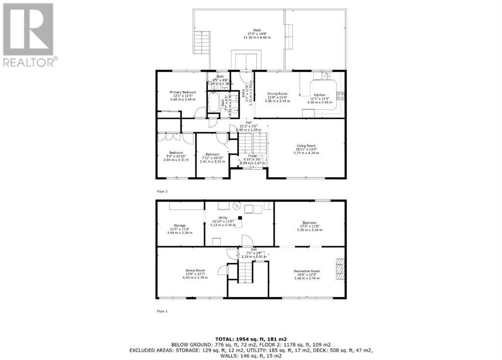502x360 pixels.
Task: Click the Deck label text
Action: pyautogui.click(x=257, y=29)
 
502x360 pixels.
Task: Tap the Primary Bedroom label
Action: pyautogui.click(x=183, y=92)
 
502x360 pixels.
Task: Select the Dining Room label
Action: pyautogui.click(x=277, y=93)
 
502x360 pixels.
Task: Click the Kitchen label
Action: pyautogui.click(x=320, y=95)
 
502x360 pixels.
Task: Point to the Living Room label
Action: pyautogui.click(x=306, y=145)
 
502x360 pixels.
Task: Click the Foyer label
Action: pyautogui.click(x=252, y=156)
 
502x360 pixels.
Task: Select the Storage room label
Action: pyautogui.click(x=179, y=226)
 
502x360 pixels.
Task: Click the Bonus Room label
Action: pyautogui.click(x=195, y=270)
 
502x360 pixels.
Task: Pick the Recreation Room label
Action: pyautogui.click(x=307, y=271)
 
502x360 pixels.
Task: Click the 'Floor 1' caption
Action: pyautogui.click(x=162, y=311)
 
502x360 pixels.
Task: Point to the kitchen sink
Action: pyautogui.click(x=325, y=77)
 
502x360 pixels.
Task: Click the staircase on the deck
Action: pyautogui.click(x=202, y=44)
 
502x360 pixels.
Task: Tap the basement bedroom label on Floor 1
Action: pyautogui.click(x=309, y=222)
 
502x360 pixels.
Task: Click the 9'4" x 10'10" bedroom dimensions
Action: pyautogui.click(x=176, y=156)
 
